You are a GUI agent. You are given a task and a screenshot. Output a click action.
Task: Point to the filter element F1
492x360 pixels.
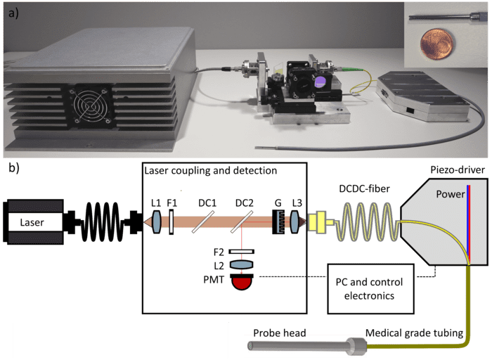(x=171, y=223)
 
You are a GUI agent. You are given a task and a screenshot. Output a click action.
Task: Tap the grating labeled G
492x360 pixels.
(x=279, y=223)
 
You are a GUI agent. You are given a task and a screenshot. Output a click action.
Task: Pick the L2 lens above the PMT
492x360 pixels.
(x=241, y=264)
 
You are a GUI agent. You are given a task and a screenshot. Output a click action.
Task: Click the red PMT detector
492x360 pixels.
(x=241, y=282)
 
